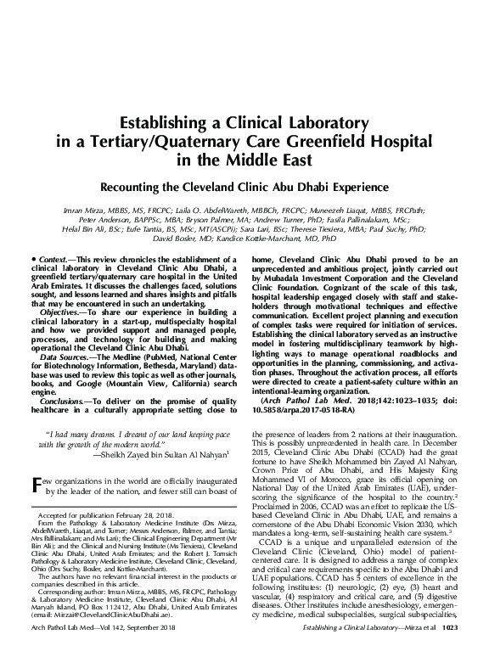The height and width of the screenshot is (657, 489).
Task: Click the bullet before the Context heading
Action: (x=31, y=280)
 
